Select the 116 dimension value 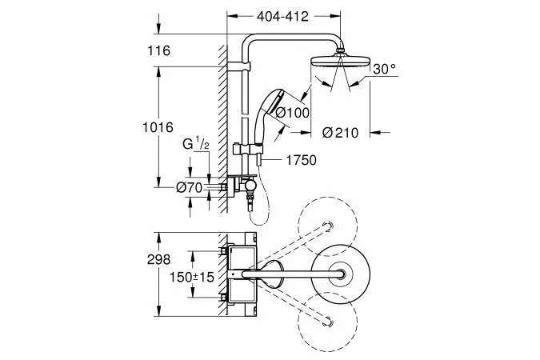click(159, 51)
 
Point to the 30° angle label click(383, 70)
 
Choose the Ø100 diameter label click(292, 113)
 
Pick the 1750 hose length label click(301, 160)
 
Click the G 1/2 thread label click(195, 145)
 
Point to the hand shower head click(271, 103)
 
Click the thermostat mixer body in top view click(241, 276)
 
